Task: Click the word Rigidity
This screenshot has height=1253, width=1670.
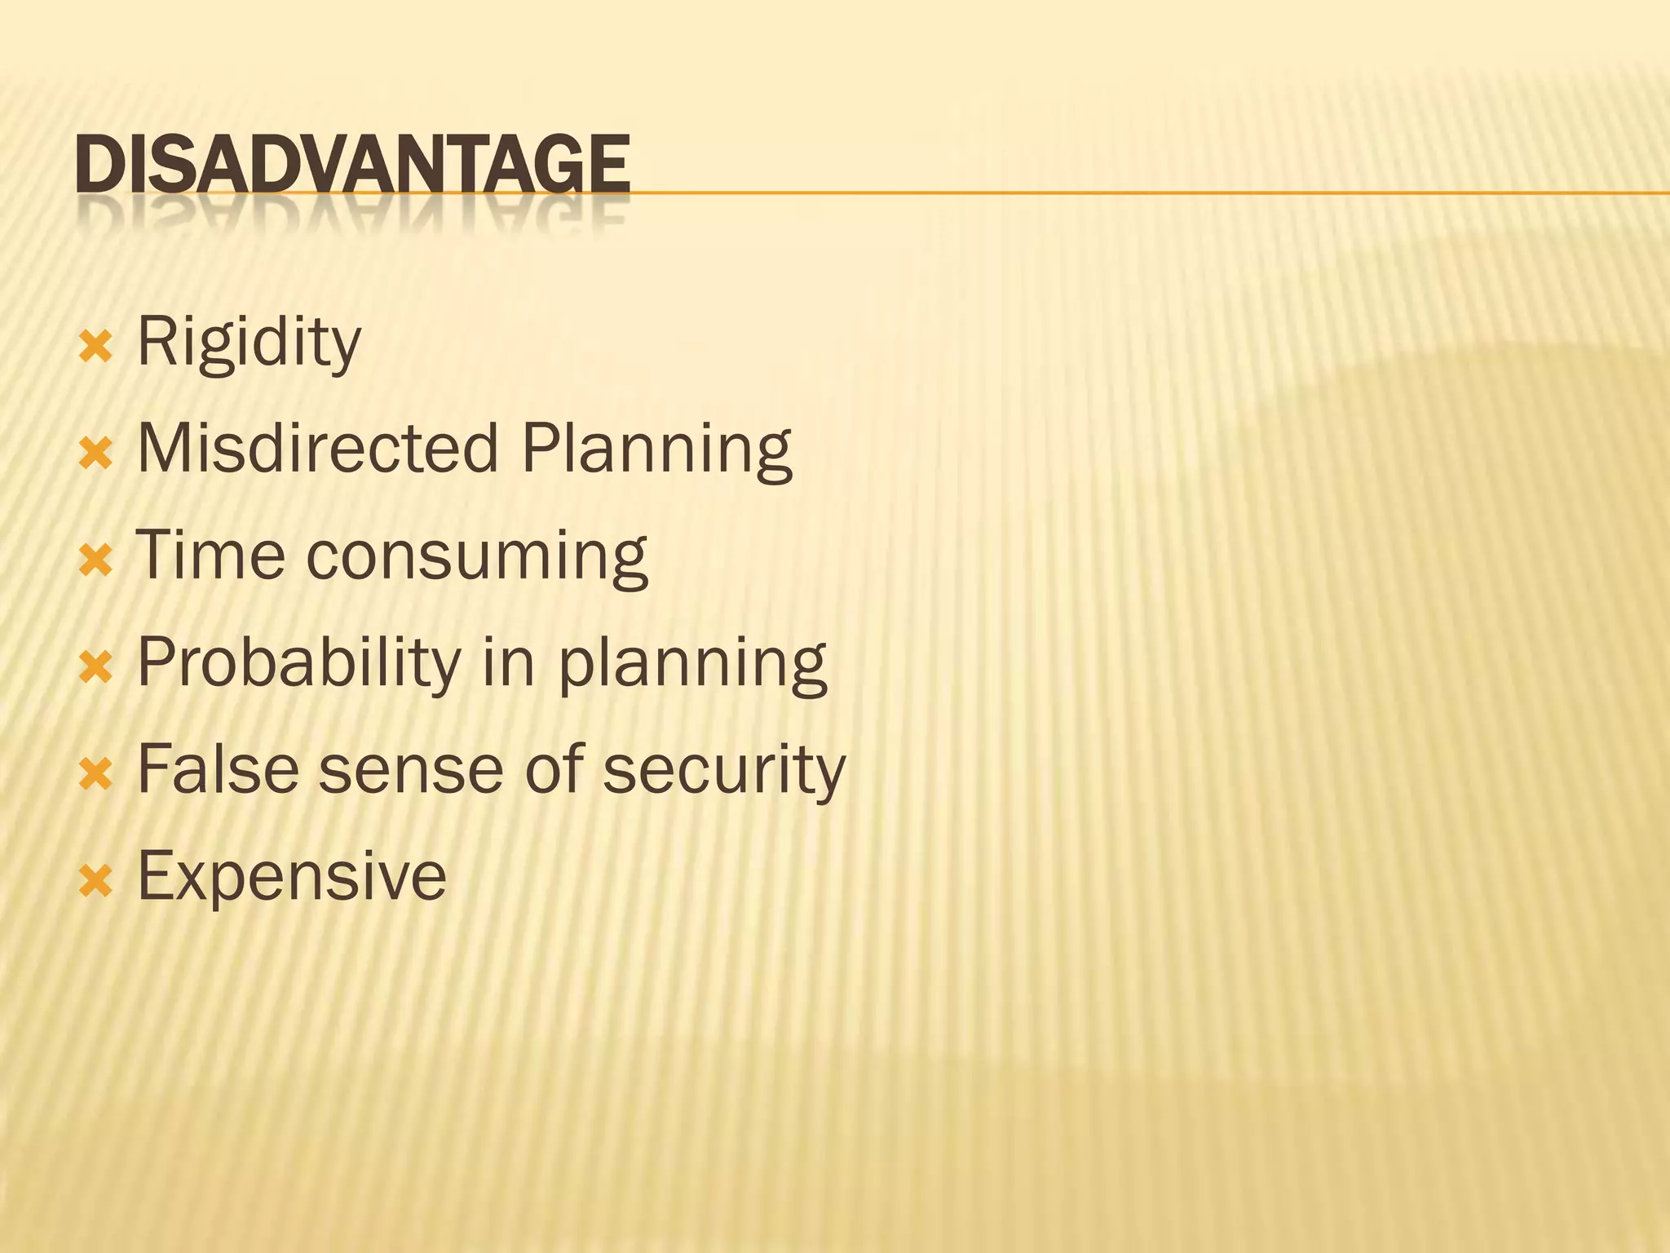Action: tap(249, 343)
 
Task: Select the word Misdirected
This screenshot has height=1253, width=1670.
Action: tap(317, 449)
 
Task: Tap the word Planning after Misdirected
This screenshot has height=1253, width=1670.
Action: tap(656, 450)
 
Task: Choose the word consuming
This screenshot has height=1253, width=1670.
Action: tap(477, 558)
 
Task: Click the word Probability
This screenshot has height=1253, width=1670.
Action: tap(299, 662)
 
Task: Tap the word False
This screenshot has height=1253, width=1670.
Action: tap(218, 768)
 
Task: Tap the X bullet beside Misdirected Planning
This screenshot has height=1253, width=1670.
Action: tap(95, 454)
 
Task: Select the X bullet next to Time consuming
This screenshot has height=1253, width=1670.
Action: tap(95, 561)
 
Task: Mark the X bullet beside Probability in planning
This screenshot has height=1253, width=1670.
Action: tap(95, 668)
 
